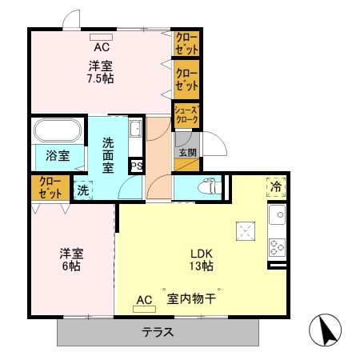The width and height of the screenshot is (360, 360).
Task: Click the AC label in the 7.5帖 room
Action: (x=100, y=46)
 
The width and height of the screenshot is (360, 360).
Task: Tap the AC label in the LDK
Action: (x=144, y=300)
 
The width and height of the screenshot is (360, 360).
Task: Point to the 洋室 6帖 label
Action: (x=71, y=260)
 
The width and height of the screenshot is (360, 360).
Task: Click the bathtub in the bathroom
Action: (x=56, y=130)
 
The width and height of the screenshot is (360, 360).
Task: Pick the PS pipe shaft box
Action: (x=137, y=167)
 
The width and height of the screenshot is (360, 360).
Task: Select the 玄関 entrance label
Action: (x=186, y=154)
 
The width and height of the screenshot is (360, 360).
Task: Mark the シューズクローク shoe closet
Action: (x=186, y=116)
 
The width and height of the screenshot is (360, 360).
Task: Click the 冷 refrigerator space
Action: (x=276, y=188)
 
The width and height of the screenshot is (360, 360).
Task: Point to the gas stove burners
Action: (x=277, y=247)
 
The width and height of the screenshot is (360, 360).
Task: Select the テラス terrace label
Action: (x=158, y=334)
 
